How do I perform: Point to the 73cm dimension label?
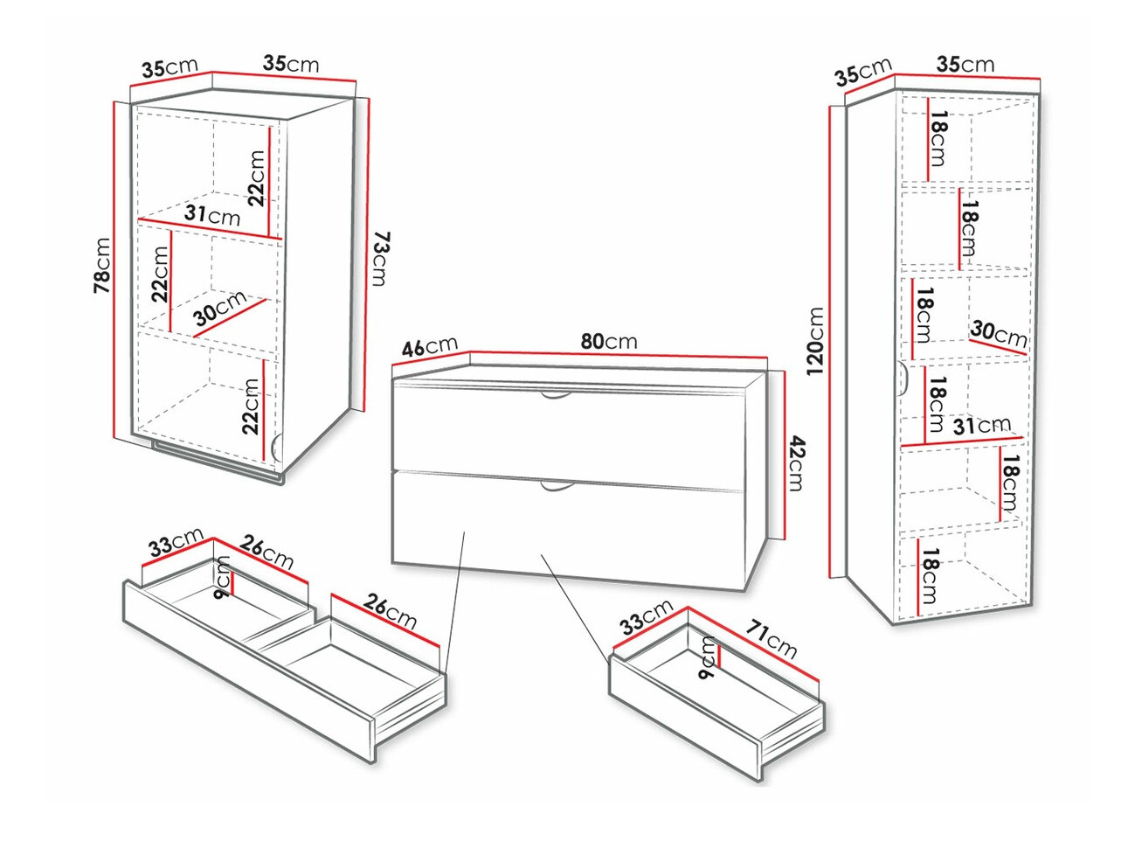(x=378, y=258)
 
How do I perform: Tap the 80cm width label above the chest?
(x=609, y=341)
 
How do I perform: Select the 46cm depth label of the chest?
(x=429, y=346)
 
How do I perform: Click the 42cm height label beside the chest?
(x=794, y=462)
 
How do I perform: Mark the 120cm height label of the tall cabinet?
(x=815, y=342)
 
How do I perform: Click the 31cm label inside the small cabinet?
(x=212, y=214)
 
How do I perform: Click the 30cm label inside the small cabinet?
(x=220, y=309)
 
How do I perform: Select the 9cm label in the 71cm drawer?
(x=708, y=660)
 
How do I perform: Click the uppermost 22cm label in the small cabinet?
(x=256, y=177)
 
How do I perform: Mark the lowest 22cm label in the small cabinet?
(x=251, y=406)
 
